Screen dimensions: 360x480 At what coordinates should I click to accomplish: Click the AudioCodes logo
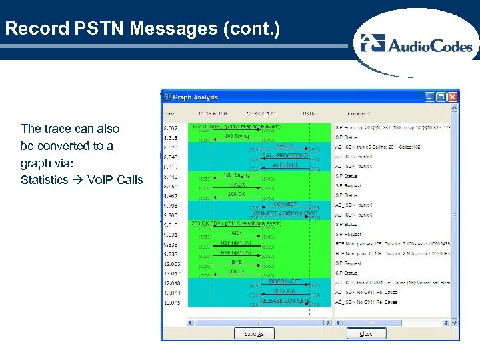coord(416,45)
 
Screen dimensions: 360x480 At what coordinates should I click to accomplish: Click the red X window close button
coord(453,97)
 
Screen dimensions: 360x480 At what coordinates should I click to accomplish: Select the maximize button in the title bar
coord(441,97)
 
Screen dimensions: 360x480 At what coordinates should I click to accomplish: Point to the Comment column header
coord(359,114)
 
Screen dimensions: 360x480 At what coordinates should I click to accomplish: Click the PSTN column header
coord(310,114)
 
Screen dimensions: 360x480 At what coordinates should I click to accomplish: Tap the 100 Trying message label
coord(237,137)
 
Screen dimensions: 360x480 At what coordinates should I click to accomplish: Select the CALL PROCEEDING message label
coord(285,155)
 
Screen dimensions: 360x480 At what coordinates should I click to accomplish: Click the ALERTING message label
coord(285,165)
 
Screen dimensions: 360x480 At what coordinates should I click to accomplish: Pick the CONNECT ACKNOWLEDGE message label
coord(285,213)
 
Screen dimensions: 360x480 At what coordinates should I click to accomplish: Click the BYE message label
coord(237,263)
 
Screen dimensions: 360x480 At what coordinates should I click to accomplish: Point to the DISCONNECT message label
coord(285,281)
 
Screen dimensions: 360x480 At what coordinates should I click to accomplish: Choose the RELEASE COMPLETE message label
coord(285,301)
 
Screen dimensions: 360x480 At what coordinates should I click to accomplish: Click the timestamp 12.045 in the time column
coord(172,303)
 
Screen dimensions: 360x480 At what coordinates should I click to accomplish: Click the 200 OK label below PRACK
coord(237,194)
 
